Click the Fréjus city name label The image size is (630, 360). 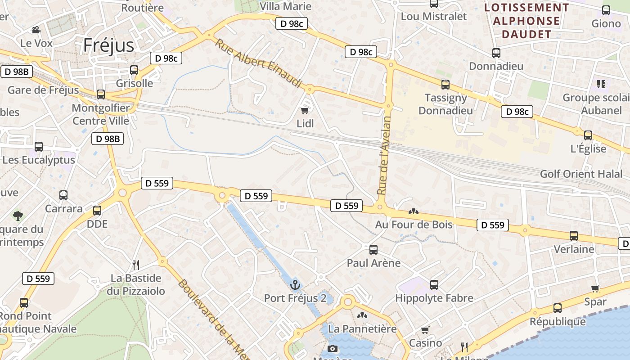click(109, 45)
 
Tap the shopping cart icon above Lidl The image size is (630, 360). click(305, 110)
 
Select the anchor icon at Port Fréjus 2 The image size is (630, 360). click(295, 284)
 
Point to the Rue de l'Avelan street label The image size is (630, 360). click(383, 155)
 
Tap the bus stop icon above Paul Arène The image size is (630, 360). click(373, 249)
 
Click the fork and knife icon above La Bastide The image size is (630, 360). click(136, 265)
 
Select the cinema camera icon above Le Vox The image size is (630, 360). click(36, 30)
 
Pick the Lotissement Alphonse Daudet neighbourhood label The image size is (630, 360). click(526, 21)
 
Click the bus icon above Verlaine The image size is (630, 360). click(574, 235)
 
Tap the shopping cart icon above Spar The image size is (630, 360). click(595, 288)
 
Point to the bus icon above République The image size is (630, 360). click(558, 308)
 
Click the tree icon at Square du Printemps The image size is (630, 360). click(18, 216)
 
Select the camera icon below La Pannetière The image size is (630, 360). click(333, 348)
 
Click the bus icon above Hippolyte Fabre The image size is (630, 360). click(434, 284)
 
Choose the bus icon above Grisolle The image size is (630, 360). click(134, 70)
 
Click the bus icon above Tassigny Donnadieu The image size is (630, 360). click(445, 84)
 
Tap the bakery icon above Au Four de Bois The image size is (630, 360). click(413, 211)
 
